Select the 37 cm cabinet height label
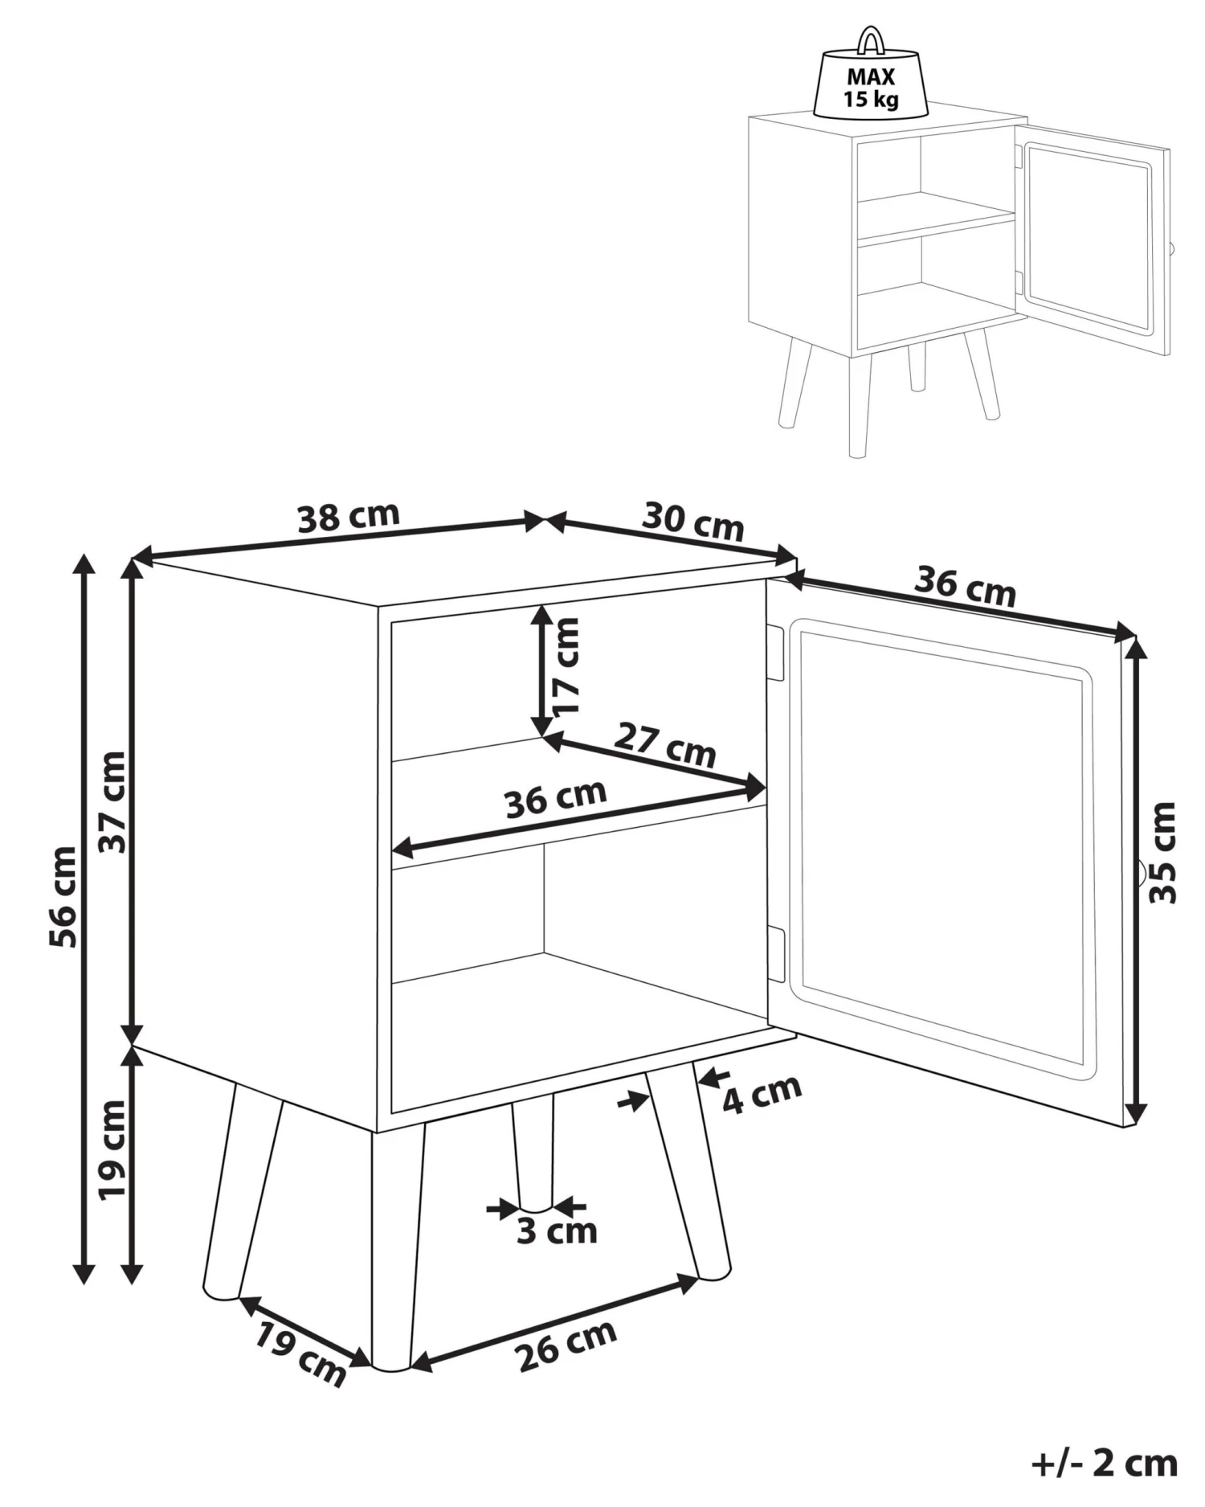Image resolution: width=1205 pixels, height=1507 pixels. point(112,801)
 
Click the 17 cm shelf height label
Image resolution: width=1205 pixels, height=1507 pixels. point(567,665)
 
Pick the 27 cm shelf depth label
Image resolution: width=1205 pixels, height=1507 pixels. point(664,746)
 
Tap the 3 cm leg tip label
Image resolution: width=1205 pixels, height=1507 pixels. point(556,1231)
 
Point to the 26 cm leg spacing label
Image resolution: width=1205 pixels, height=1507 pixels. point(566,1345)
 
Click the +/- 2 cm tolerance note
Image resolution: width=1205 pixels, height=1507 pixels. point(1104,1463)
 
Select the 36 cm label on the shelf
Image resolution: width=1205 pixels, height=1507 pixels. point(555,798)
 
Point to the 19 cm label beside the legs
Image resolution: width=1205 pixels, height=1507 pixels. point(112,1149)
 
